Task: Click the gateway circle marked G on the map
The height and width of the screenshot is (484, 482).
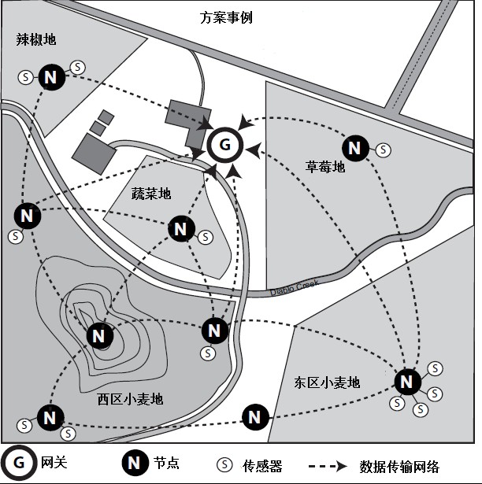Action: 224,145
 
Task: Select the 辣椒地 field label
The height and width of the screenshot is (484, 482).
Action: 36,39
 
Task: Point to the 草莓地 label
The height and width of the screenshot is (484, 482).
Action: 325,167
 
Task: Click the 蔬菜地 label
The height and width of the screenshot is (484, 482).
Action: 151,194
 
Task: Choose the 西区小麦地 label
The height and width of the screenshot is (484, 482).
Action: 131,399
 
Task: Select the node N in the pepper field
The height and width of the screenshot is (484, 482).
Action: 52,77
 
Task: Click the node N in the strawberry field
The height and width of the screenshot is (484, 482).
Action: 355,147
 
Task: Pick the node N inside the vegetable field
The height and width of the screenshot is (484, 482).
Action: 182,229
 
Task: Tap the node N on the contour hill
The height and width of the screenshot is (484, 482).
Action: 99,336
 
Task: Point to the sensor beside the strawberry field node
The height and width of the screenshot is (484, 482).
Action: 383,148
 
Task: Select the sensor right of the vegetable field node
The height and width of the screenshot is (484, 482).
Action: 206,235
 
